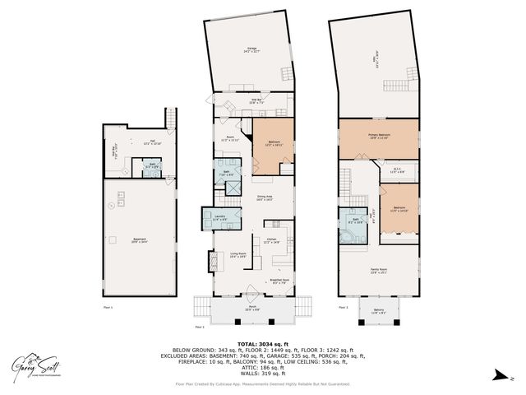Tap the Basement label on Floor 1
click(x=139, y=241)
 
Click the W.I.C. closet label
click(x=397, y=171)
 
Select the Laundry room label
click(x=220, y=219)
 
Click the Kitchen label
click(x=272, y=241)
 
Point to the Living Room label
click(x=238, y=256)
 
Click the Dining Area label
click(x=265, y=198)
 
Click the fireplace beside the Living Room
click(x=216, y=261)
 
